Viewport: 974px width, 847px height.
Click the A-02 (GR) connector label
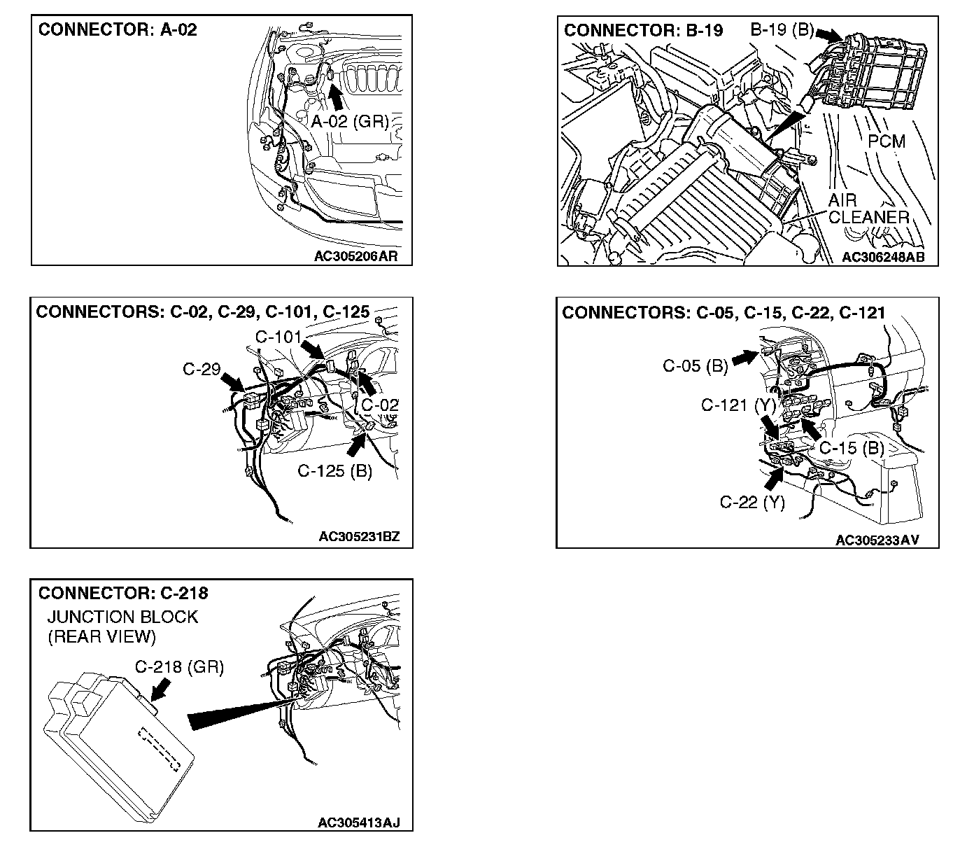(349, 122)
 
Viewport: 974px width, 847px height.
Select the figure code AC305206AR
(355, 256)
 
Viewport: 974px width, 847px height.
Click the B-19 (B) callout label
(782, 31)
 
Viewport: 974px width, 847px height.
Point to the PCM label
(887, 141)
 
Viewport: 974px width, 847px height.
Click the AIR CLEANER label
(868, 209)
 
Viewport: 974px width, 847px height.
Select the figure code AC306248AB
(883, 257)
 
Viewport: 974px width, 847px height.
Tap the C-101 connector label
(278, 337)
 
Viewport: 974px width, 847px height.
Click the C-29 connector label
(202, 369)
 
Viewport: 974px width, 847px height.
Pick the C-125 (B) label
(334, 470)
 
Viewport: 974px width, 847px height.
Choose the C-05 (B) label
(696, 365)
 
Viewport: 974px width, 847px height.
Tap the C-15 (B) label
(852, 448)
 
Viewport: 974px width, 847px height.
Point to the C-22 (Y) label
(752, 502)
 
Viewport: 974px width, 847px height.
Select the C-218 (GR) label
(179, 667)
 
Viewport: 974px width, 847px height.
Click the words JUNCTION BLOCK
(122, 617)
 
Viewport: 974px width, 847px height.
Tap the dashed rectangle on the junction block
(165, 749)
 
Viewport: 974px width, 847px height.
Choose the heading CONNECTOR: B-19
(643, 31)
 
